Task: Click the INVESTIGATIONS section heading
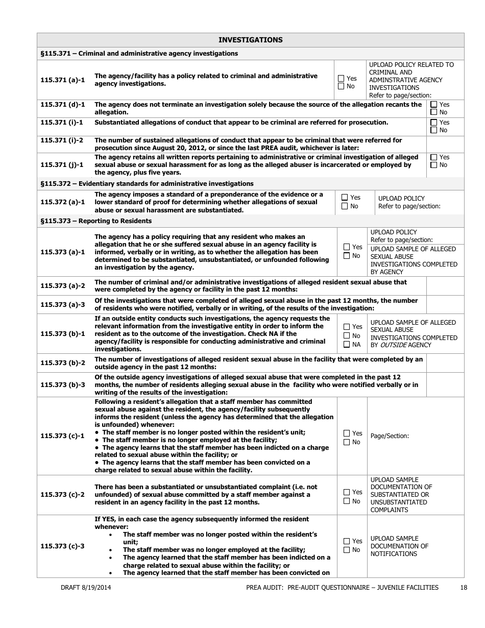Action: (x=250, y=40)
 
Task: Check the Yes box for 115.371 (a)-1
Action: (x=341, y=79)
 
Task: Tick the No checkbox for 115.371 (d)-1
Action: (x=433, y=112)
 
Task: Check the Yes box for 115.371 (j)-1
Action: (x=433, y=157)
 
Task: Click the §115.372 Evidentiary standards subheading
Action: (x=147, y=183)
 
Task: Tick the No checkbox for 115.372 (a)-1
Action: (x=345, y=206)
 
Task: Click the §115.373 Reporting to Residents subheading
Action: (x=95, y=221)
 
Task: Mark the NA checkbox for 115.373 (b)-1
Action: (x=347, y=345)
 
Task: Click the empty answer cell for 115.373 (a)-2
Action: (x=445, y=286)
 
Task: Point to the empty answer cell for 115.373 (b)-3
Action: (x=445, y=384)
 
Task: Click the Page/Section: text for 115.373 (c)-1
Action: (x=390, y=436)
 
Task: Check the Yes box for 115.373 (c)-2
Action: (x=347, y=492)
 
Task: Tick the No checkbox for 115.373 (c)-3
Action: (x=347, y=550)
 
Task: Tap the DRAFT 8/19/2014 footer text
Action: (x=86, y=588)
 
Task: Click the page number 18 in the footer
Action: (x=463, y=588)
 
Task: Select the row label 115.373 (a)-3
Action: (x=62, y=305)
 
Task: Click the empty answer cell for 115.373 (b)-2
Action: (x=445, y=363)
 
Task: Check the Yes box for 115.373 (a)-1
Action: (x=347, y=247)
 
